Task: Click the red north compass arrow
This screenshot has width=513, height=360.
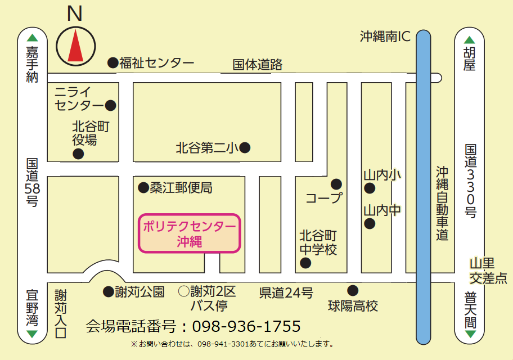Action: tap(75, 46)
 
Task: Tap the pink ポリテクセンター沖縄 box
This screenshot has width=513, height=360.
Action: tap(190, 233)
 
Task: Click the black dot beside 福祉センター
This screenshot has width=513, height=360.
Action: tap(112, 62)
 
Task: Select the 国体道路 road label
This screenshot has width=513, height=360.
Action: tap(258, 65)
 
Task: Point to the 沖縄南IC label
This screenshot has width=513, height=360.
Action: tap(386, 37)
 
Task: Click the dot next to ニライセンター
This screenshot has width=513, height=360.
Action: tap(111, 105)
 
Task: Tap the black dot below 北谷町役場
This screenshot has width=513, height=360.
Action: tap(78, 154)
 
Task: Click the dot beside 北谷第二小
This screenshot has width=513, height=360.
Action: tap(245, 148)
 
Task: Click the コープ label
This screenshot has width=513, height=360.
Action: tap(323, 198)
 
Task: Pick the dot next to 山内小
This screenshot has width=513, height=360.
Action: tap(370, 188)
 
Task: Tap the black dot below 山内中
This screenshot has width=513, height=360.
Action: tap(370, 224)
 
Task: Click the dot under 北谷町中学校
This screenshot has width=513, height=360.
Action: tap(305, 263)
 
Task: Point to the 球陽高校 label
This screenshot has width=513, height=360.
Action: tap(353, 306)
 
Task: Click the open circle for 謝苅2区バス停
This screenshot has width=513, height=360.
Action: tap(183, 291)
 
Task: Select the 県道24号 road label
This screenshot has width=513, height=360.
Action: tap(286, 292)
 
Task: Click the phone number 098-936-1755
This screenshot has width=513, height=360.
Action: tap(246, 326)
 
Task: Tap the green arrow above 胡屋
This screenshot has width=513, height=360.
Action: tap(470, 40)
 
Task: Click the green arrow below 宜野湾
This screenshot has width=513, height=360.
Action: tap(32, 334)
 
